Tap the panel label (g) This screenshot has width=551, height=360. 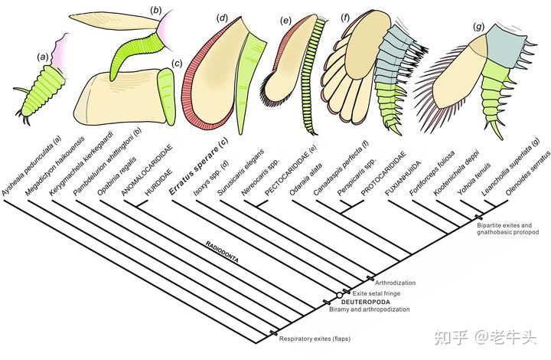coord(479,28)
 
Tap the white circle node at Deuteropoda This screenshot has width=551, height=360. coord(339,295)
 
